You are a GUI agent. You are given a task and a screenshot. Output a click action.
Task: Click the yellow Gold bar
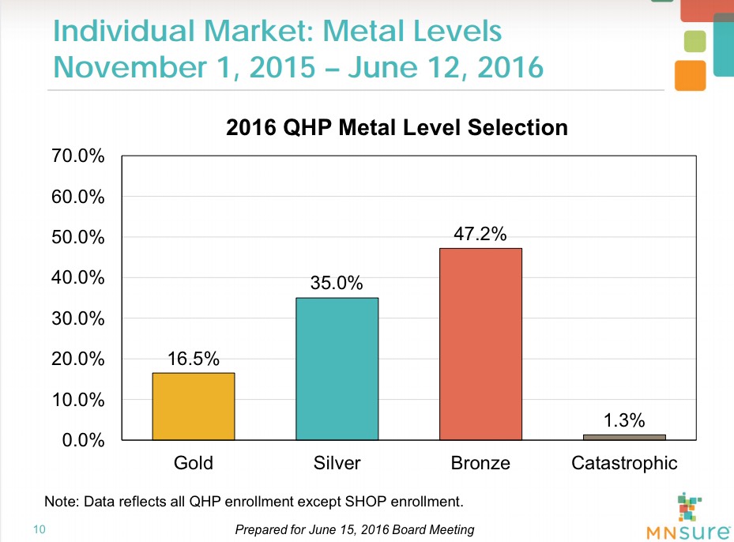[x=194, y=405]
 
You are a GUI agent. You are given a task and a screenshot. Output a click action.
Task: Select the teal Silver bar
[x=337, y=368]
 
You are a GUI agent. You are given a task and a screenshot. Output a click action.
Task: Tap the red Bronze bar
[x=480, y=344]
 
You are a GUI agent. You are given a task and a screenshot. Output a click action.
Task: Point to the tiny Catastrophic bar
[x=624, y=437]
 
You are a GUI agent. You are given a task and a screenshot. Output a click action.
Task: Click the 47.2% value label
[x=480, y=234]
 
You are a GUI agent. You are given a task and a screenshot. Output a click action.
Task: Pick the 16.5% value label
[x=194, y=359]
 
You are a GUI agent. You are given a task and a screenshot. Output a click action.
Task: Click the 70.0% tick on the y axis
[x=78, y=156]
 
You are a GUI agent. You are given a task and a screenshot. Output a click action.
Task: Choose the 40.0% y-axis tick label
[x=78, y=278]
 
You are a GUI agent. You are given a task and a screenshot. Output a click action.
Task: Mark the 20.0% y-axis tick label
[x=78, y=359]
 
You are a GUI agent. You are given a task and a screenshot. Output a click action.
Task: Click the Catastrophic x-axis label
[x=624, y=463]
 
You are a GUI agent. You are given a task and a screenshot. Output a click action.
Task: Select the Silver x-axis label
[x=337, y=463]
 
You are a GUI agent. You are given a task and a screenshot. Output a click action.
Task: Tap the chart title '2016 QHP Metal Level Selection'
[x=397, y=127]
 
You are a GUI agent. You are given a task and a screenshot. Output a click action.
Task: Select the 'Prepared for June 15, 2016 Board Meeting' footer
[x=355, y=529]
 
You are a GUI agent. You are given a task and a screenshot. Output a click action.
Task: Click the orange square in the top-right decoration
[x=690, y=75]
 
